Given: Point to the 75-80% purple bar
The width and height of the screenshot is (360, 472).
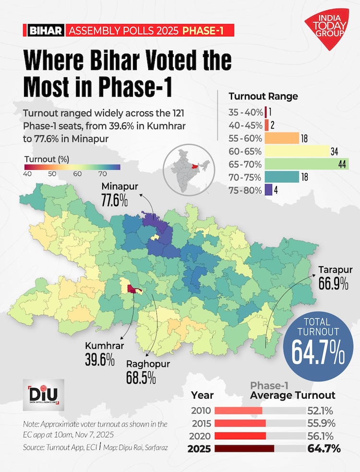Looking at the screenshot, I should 268,190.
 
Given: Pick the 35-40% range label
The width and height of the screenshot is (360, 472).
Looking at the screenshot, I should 246,113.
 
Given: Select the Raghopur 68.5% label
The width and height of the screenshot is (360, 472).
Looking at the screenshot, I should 148,371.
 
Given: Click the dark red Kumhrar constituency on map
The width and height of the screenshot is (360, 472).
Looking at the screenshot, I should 131,288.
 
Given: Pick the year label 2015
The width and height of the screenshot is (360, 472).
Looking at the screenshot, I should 200,424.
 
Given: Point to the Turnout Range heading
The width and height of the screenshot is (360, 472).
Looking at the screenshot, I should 263,96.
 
